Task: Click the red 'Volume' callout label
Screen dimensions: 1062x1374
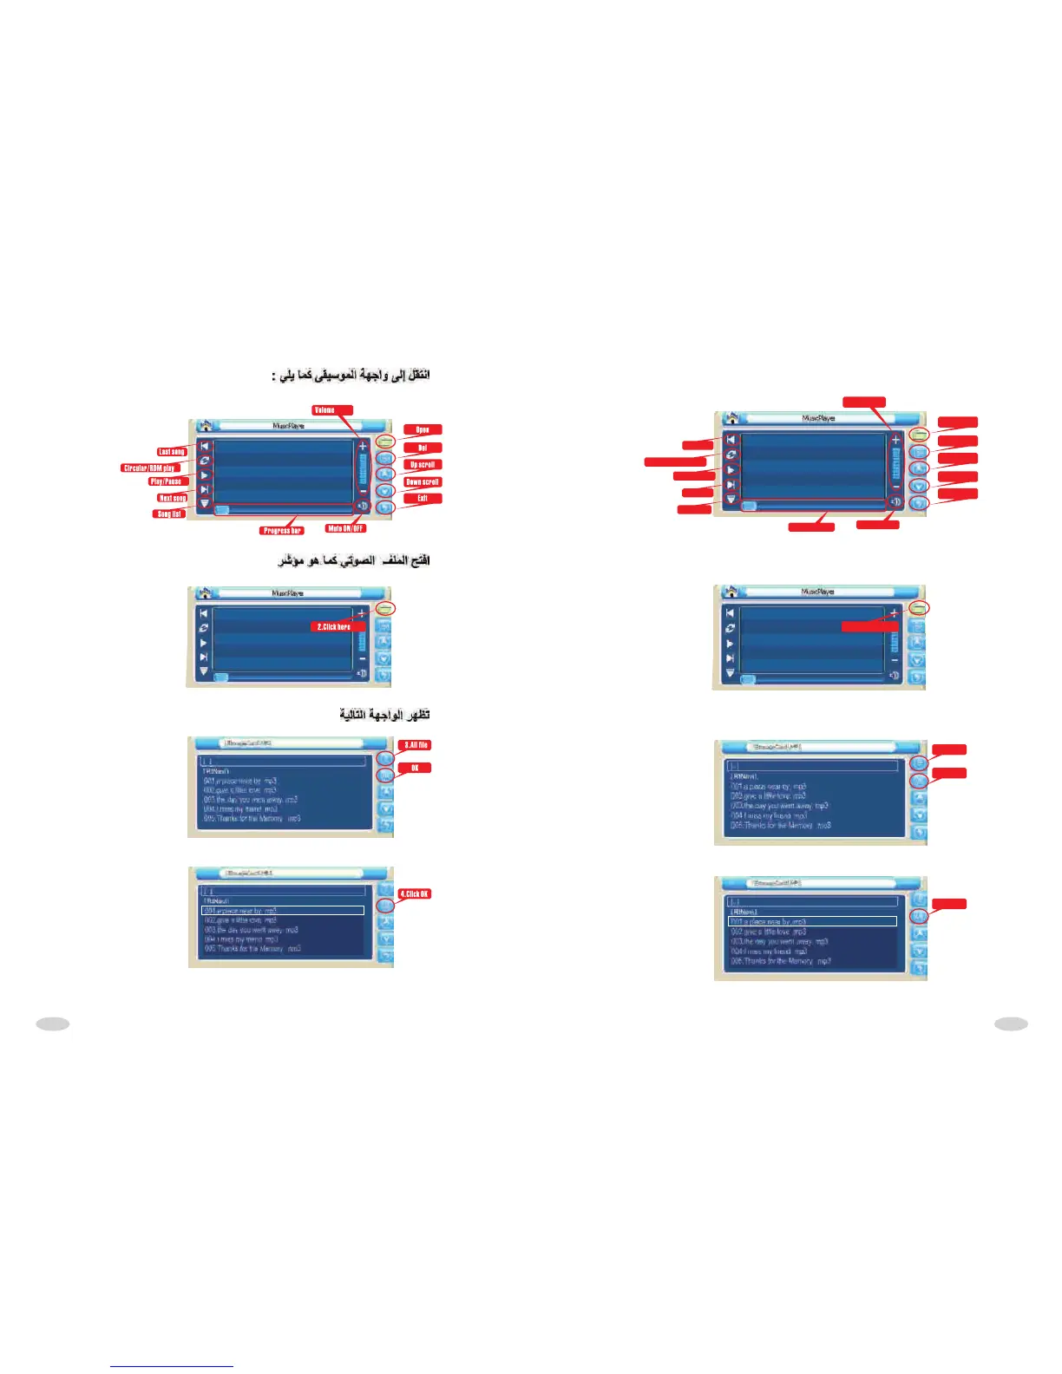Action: click(x=332, y=409)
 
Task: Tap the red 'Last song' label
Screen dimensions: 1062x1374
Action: click(x=172, y=451)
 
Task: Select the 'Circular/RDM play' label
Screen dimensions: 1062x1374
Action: click(x=149, y=468)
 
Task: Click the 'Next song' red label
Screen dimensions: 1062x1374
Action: click(x=172, y=498)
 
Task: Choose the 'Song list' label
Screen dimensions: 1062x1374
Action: click(x=169, y=514)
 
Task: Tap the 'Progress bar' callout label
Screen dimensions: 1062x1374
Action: click(x=282, y=530)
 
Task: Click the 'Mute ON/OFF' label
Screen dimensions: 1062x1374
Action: click(x=345, y=527)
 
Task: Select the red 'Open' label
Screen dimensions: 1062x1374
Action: click(x=423, y=429)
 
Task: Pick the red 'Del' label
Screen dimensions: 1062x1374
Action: click(x=423, y=448)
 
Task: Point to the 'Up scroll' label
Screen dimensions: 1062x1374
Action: click(x=423, y=464)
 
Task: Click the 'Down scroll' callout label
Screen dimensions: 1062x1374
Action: click(x=423, y=481)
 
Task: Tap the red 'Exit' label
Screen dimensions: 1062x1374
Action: click(x=423, y=498)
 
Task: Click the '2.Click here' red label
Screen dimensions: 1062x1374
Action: click(x=334, y=626)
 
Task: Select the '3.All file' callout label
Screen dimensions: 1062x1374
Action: click(x=415, y=745)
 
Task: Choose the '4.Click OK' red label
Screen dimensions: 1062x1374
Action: click(x=414, y=893)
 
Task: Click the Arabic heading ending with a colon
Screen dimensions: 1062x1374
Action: click(x=351, y=376)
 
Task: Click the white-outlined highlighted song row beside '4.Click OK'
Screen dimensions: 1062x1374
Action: click(x=283, y=911)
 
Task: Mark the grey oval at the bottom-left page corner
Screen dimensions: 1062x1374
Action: click(x=53, y=1024)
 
